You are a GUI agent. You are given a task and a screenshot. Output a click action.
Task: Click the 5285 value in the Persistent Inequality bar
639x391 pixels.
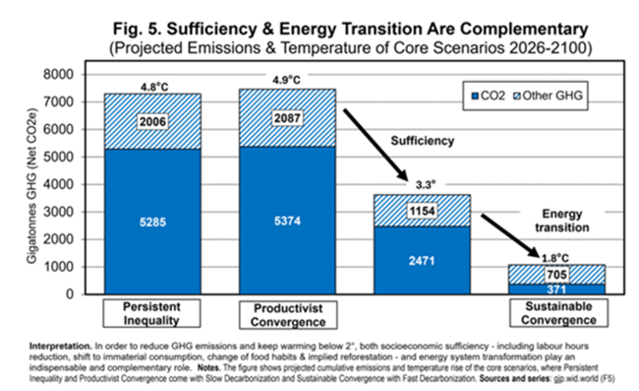[x=152, y=223]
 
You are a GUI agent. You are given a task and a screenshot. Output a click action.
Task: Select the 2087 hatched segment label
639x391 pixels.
[x=287, y=118]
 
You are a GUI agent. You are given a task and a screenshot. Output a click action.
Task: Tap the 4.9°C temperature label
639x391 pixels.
[x=286, y=80]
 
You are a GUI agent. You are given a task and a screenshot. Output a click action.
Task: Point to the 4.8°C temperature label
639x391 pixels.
[x=154, y=87]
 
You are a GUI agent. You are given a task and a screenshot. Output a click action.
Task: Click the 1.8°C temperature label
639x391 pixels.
[x=555, y=258]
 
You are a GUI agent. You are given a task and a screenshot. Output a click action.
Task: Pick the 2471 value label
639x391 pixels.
[x=422, y=261]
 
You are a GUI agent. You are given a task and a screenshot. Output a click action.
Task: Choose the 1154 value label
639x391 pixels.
[x=422, y=211]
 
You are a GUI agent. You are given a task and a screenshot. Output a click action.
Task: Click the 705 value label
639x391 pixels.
[x=556, y=275]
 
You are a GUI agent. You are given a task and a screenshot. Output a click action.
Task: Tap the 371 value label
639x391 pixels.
[x=556, y=290]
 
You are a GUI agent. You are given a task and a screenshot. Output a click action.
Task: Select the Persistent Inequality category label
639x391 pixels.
[x=151, y=313]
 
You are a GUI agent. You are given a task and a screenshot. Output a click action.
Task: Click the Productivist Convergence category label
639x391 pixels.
[x=288, y=315]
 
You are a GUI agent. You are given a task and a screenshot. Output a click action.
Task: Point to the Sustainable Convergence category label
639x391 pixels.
[x=558, y=313]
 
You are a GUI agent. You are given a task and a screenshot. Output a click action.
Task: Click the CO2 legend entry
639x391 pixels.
[x=489, y=96]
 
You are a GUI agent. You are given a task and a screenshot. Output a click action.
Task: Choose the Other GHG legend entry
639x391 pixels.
[x=548, y=96]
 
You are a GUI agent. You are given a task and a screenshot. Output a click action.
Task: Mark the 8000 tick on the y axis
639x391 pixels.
[x=58, y=75]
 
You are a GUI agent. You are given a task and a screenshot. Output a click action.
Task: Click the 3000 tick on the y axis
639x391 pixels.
[x=58, y=212]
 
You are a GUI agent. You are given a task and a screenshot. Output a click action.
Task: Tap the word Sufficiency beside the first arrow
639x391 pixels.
[x=422, y=141]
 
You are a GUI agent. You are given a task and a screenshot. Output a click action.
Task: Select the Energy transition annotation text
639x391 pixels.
[x=562, y=221]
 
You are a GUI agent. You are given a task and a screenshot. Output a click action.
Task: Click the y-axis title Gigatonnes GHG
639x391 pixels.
[x=31, y=186]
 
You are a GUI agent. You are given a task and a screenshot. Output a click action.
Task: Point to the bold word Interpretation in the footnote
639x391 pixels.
[x=61, y=346]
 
